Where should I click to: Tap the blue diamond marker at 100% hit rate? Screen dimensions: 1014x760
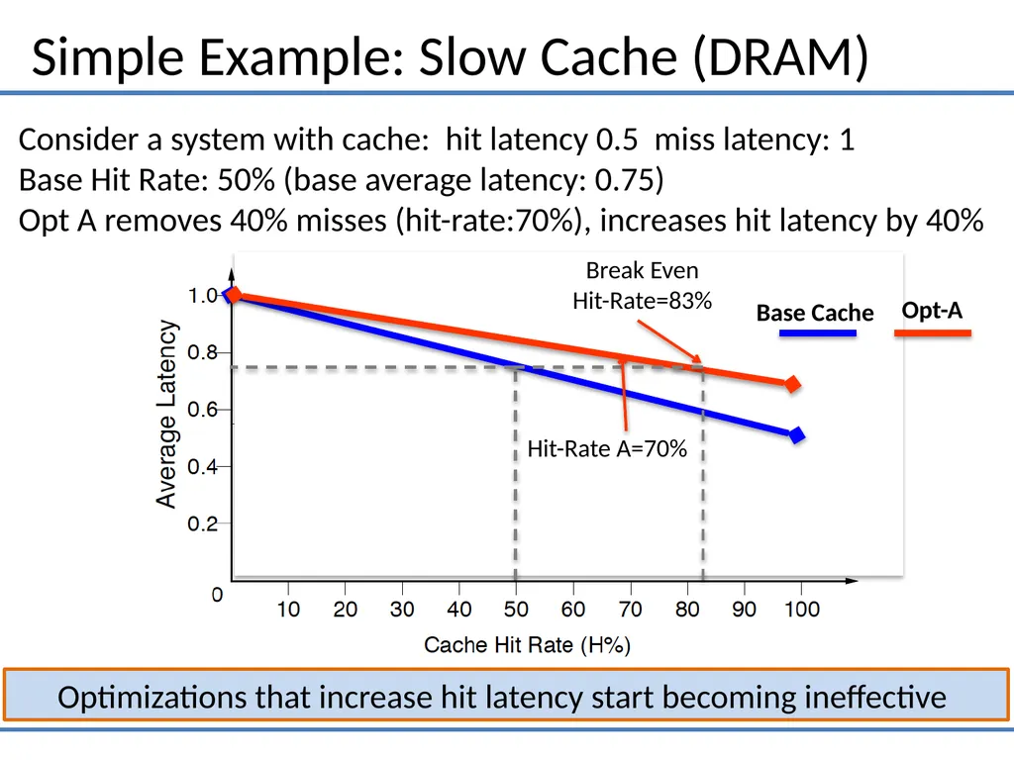tap(797, 435)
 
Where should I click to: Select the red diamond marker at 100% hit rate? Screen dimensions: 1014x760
tap(792, 385)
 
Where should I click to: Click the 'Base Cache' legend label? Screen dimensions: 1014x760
tap(815, 313)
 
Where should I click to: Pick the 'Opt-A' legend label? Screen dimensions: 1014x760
tap(932, 310)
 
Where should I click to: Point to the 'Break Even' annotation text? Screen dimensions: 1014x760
tap(642, 270)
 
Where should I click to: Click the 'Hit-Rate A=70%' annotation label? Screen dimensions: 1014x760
tap(607, 448)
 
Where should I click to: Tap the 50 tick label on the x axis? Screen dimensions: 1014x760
tap(516, 609)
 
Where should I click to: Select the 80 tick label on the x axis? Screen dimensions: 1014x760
tap(687, 609)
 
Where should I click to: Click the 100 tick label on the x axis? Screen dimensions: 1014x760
tap(802, 609)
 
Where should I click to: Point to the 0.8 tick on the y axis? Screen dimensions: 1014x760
tap(202, 353)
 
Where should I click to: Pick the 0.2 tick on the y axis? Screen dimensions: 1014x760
tap(202, 523)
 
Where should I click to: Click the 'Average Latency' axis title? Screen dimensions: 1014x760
tap(166, 415)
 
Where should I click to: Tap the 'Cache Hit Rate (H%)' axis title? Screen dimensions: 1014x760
tap(527, 645)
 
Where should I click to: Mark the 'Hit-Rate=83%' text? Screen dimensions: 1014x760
tap(642, 301)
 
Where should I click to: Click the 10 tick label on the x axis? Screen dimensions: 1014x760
tap(288, 609)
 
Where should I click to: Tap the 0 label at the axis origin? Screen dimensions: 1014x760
tap(217, 595)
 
